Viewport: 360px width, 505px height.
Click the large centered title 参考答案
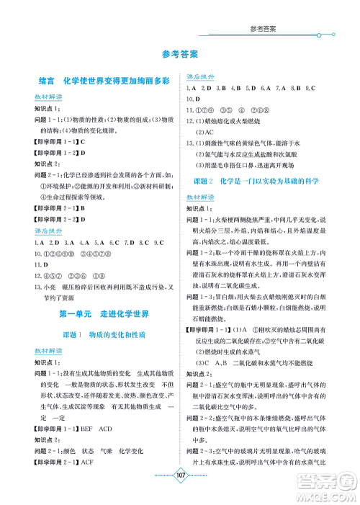(180, 54)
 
